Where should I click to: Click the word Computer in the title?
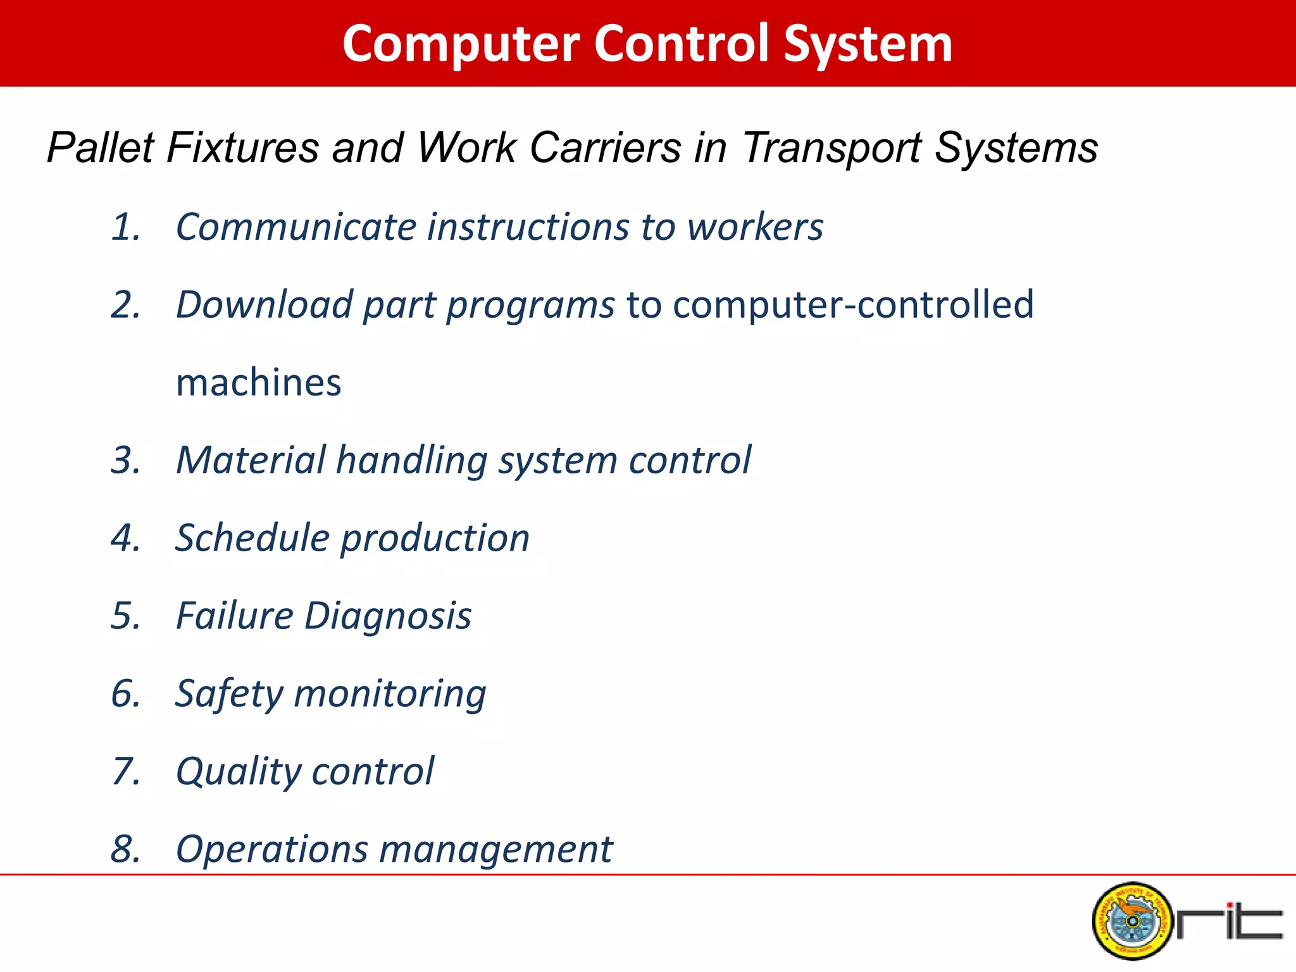pos(461,44)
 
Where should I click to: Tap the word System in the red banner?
pos(868,44)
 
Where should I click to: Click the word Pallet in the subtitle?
pos(101,148)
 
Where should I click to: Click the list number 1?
pos(125,227)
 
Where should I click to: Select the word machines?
pos(258,383)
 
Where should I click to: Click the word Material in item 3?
pos(251,460)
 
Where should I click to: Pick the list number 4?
pos(125,539)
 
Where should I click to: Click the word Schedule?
pos(252,539)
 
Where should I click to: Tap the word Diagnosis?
pos(387,616)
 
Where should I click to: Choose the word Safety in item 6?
pos(229,694)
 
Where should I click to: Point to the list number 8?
pos(125,850)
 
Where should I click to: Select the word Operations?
pos(271,850)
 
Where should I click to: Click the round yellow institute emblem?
pos(1131,921)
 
